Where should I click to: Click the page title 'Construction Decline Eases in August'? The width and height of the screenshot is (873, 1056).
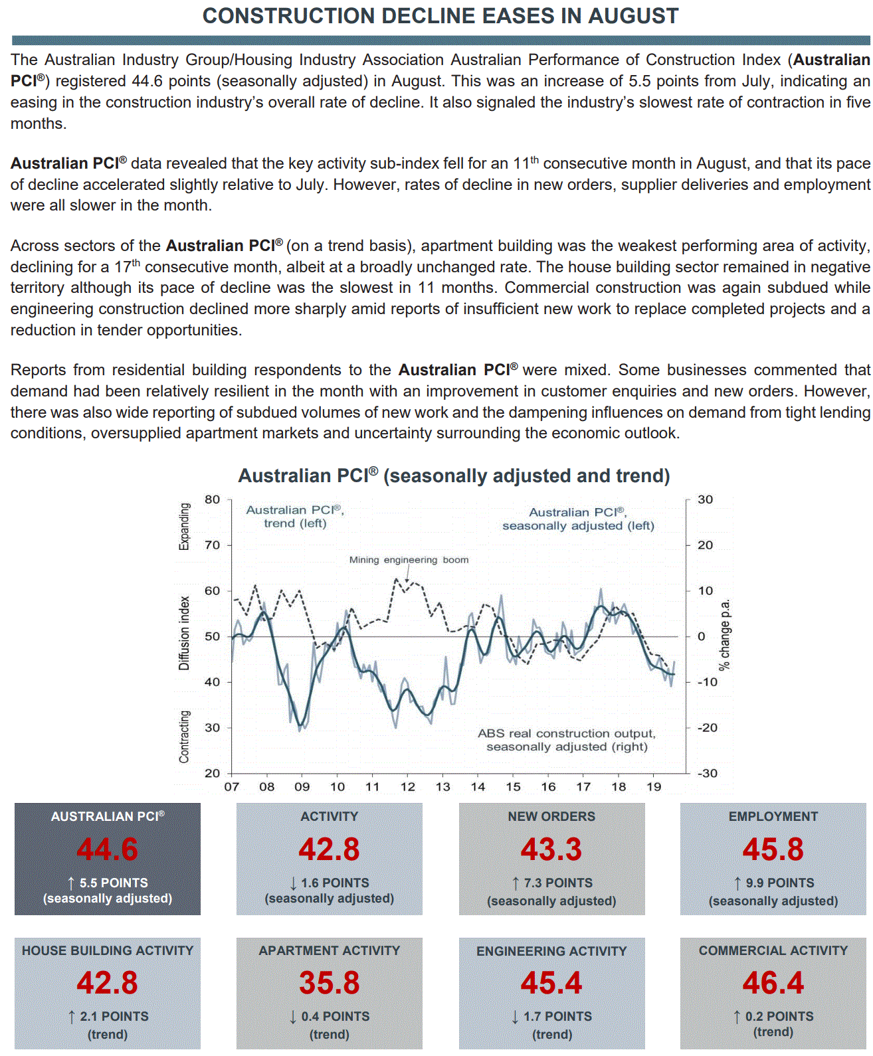(440, 16)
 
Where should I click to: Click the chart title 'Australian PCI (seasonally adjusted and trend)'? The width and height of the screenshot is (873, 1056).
(454, 476)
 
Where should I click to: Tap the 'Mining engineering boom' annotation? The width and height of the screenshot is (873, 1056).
(409, 560)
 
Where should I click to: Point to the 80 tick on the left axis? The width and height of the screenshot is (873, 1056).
(212, 499)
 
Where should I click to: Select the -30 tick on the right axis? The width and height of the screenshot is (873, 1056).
(707, 773)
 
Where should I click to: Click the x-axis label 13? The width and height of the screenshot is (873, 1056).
(442, 787)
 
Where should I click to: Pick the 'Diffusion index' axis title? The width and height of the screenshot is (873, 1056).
(184, 633)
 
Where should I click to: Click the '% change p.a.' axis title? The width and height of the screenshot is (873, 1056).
(725, 635)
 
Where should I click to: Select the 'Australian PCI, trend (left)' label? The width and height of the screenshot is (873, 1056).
(295, 517)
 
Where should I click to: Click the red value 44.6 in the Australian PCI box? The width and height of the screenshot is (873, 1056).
(108, 849)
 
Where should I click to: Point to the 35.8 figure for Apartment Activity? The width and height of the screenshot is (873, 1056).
(330, 983)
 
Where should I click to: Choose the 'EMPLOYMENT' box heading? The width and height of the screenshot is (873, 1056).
(773, 817)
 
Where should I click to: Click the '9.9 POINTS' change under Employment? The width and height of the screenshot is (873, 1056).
(779, 883)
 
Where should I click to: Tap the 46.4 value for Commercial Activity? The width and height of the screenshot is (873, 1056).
(773, 983)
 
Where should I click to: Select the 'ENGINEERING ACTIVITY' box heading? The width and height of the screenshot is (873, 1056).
(551, 952)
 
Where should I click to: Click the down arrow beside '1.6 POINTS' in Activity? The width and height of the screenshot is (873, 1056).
(293, 883)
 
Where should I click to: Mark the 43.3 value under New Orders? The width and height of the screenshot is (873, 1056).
(551, 849)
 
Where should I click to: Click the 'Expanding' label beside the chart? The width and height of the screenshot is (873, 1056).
(184, 527)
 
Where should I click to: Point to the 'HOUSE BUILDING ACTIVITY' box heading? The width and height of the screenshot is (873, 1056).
(108, 951)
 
